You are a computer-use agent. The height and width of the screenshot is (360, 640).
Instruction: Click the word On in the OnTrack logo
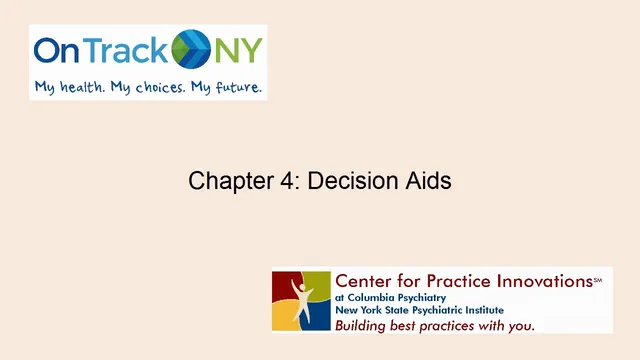(x=58, y=49)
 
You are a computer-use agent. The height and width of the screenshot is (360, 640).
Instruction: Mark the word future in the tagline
(x=238, y=87)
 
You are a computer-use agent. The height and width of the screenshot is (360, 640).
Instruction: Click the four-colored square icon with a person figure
(x=301, y=300)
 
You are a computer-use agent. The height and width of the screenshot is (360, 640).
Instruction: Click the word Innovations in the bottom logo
(x=541, y=280)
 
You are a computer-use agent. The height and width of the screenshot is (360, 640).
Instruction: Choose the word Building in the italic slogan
(x=363, y=326)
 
